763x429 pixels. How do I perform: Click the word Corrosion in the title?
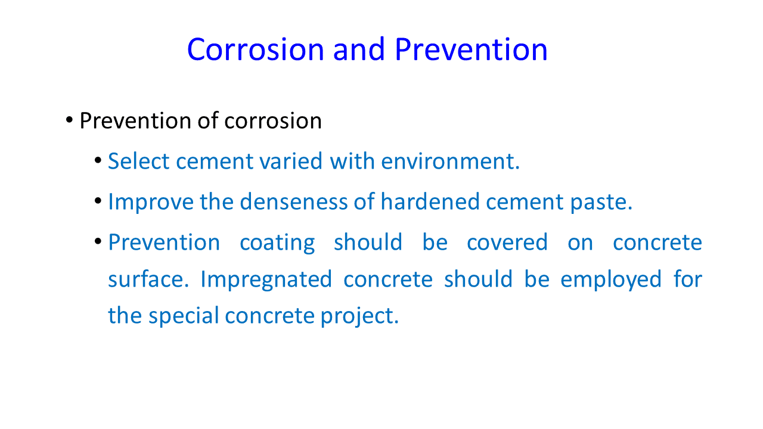(x=255, y=49)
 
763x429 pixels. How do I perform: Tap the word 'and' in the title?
(x=359, y=49)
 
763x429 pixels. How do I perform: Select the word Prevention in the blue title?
(x=471, y=49)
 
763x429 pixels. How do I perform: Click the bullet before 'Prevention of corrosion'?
(x=69, y=120)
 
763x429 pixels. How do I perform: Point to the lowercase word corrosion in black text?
(x=273, y=121)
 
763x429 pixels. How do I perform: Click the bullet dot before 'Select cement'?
(x=98, y=160)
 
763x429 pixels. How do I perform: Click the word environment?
(x=450, y=161)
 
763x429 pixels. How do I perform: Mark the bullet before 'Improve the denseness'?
(x=98, y=201)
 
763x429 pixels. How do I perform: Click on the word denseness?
(x=294, y=201)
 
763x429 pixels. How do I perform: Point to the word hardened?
(x=430, y=201)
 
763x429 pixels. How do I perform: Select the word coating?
(x=277, y=243)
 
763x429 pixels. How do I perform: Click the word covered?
(x=507, y=242)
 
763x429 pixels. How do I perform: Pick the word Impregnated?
(x=266, y=280)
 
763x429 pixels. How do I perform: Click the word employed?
(x=611, y=280)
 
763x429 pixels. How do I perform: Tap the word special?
(x=184, y=316)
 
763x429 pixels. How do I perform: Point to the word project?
(x=359, y=316)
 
